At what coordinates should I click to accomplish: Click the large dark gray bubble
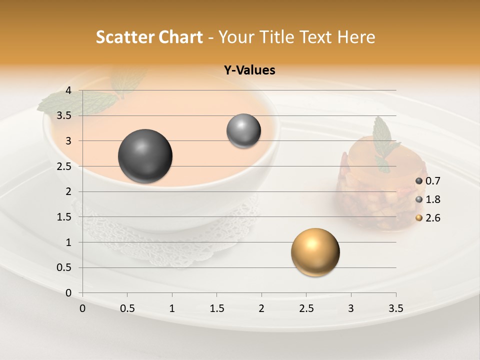(x=145, y=156)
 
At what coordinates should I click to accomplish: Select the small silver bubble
(x=243, y=131)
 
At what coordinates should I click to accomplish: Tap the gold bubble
(x=315, y=252)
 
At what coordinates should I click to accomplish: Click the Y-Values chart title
(x=249, y=70)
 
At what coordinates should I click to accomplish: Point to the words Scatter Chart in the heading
(x=149, y=37)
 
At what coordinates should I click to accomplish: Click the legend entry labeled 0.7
(x=428, y=181)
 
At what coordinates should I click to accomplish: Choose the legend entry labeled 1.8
(x=428, y=199)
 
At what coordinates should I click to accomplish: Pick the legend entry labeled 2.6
(x=428, y=218)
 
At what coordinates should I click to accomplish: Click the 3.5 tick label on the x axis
(x=395, y=308)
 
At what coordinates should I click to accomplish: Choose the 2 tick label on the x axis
(x=261, y=308)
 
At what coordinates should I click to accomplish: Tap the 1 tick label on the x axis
(x=172, y=308)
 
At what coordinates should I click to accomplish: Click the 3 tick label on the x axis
(x=351, y=308)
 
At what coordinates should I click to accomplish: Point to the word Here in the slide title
(x=356, y=37)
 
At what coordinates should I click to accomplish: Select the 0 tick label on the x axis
(x=82, y=308)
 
